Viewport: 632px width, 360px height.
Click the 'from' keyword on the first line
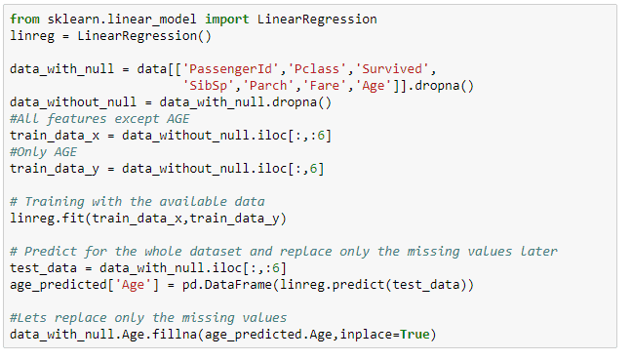[24, 20]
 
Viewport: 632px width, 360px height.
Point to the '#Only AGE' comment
[43, 151]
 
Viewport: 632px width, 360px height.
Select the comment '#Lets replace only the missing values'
[148, 317]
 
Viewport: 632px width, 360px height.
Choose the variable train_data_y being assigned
[51, 168]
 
